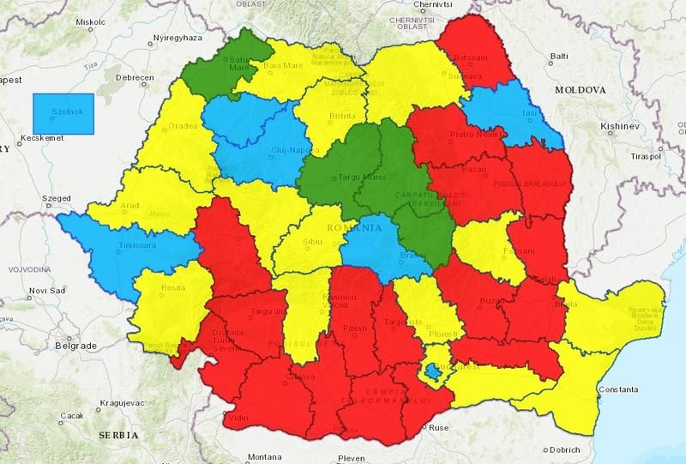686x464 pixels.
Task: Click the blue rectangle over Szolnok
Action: (63, 112)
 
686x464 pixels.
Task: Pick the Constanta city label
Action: (618, 390)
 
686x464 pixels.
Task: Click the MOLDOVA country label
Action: (580, 89)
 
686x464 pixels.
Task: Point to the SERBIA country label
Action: (118, 435)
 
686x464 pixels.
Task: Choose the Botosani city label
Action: (474, 59)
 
